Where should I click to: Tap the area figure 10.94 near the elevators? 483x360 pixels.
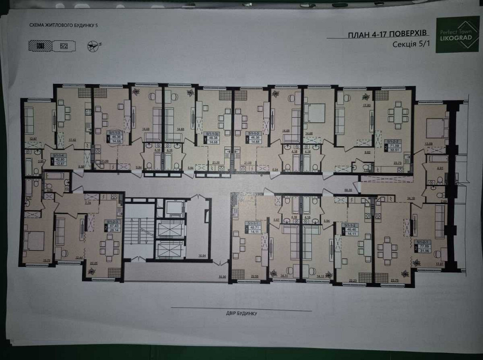(202, 255)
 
